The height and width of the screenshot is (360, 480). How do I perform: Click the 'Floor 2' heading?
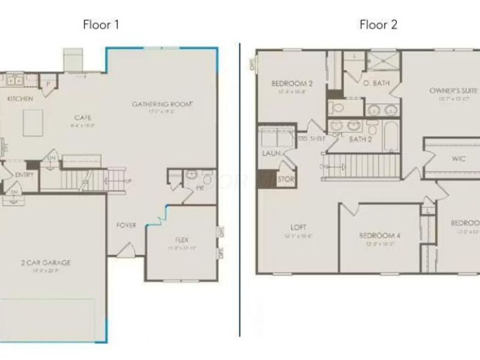point(378,25)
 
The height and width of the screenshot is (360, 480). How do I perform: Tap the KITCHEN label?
point(20,98)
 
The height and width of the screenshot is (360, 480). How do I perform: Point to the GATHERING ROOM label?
point(162,104)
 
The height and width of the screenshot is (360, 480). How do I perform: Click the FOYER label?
point(126,225)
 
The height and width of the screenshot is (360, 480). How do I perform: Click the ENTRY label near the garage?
point(25,175)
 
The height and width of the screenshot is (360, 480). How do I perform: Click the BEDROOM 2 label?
point(292,83)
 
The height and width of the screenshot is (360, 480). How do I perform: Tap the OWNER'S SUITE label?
point(454,91)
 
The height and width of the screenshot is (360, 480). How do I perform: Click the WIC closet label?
point(459,160)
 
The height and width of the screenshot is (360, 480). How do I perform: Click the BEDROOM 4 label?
point(379,235)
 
